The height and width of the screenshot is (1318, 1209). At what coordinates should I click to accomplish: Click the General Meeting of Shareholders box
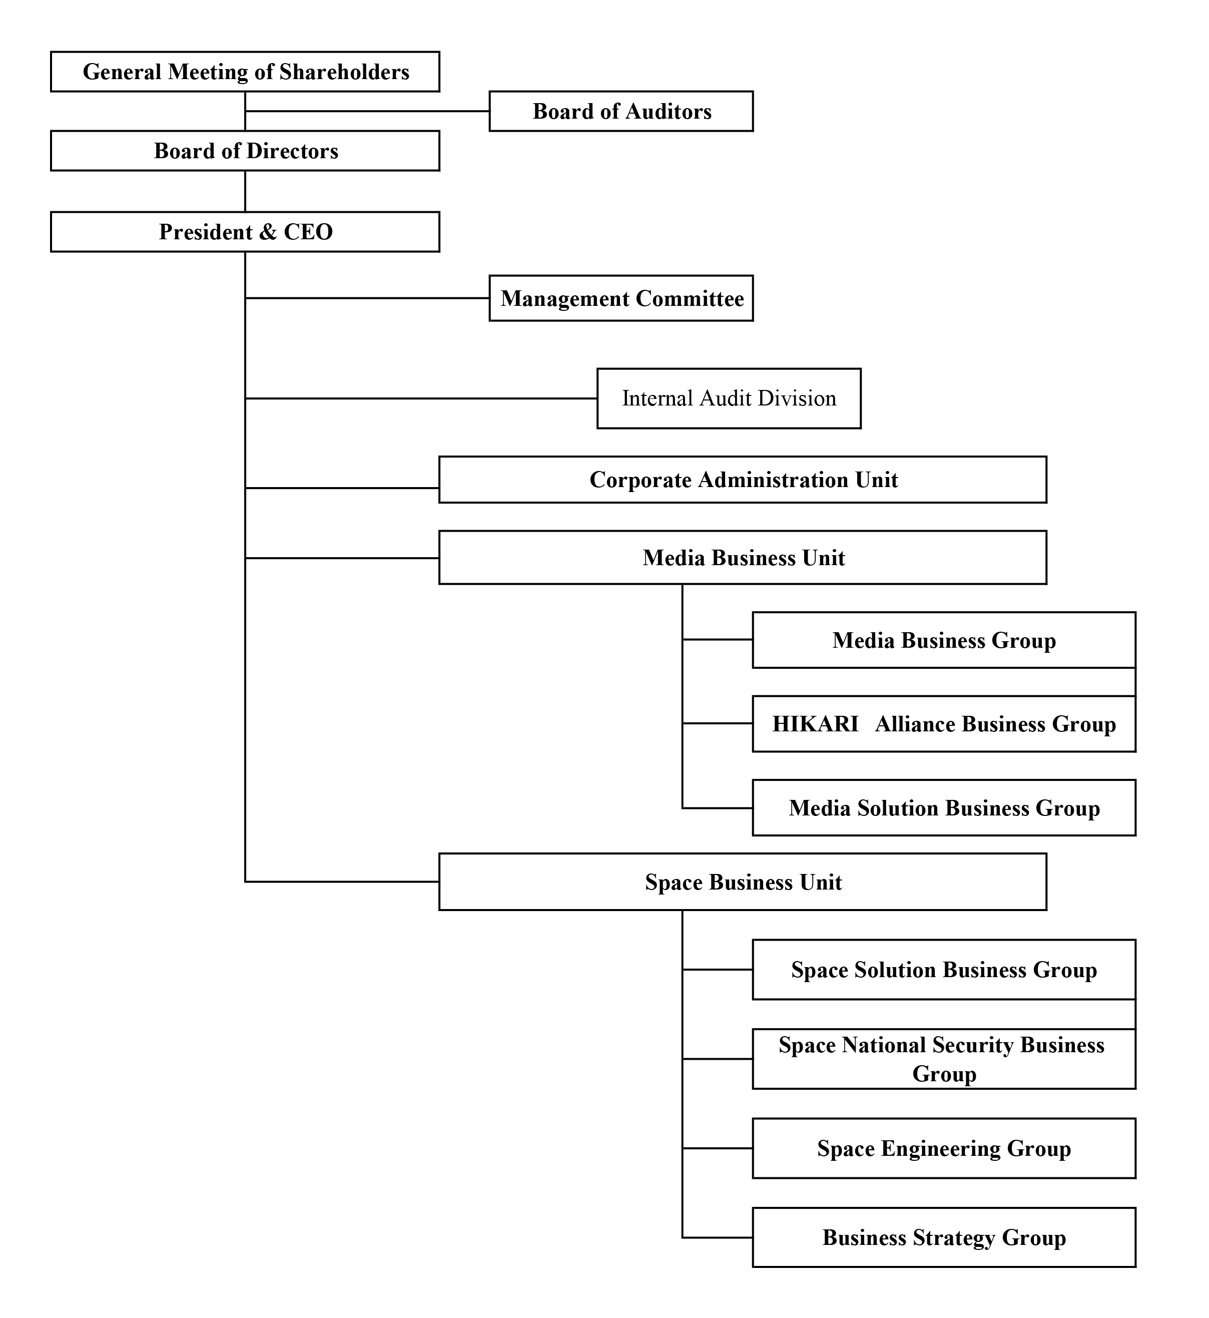245,72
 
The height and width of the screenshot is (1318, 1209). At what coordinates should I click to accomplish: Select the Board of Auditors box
622,111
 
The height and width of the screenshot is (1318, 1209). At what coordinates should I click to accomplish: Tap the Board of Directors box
245,151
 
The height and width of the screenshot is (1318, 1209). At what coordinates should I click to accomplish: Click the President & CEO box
245,232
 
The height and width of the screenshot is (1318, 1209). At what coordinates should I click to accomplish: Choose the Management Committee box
622,298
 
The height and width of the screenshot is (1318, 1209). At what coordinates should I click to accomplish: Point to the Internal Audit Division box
730,398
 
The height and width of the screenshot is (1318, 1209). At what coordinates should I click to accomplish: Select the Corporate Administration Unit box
743,480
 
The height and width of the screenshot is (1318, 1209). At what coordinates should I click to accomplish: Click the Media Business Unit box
743,558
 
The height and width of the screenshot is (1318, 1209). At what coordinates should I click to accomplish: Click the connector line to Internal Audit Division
421,398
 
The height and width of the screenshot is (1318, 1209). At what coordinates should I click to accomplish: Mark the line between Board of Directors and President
245,191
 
